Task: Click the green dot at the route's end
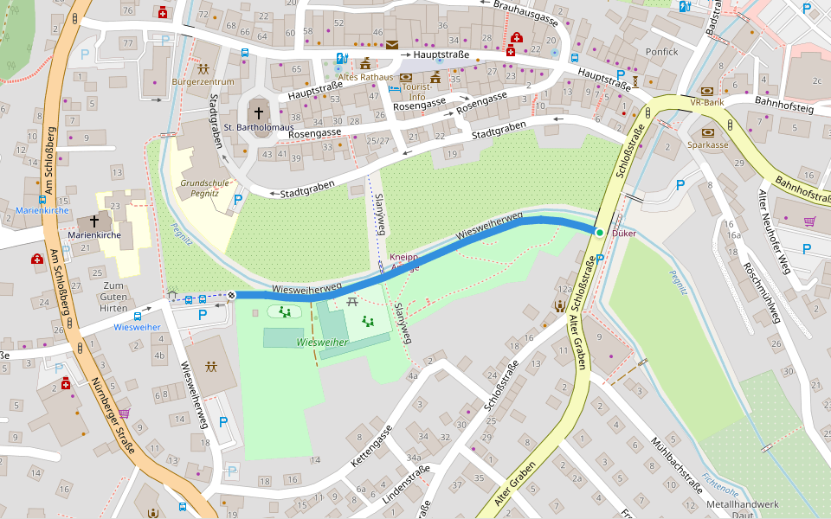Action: [x=599, y=232]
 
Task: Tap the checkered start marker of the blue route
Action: [x=232, y=296]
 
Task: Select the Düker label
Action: [x=623, y=234]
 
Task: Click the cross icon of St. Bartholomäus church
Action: [x=258, y=113]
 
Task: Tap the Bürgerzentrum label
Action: [x=203, y=82]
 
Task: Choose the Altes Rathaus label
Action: [x=364, y=78]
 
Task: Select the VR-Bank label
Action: [x=706, y=102]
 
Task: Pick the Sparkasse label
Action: [x=708, y=145]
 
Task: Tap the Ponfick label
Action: [x=661, y=52]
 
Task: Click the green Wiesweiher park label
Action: [x=321, y=343]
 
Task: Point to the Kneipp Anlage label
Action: [x=404, y=263]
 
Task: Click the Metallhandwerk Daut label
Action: [x=743, y=509]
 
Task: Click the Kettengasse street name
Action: [x=370, y=445]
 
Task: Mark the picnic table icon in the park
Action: [x=352, y=302]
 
